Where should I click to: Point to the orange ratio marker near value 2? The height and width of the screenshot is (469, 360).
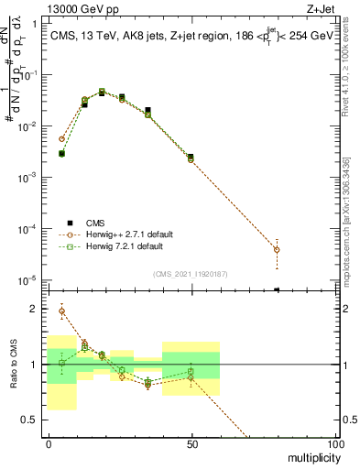point(61,311)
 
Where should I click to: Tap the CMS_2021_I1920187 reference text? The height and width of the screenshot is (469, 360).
point(191,273)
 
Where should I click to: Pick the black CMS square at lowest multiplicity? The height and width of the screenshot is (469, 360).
point(61,154)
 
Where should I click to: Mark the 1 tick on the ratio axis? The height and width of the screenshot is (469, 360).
point(38,365)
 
